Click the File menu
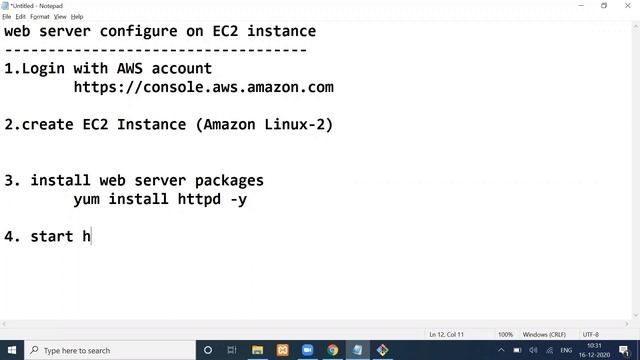pyautogui.click(x=7, y=17)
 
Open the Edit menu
pyautogui.click(x=20, y=17)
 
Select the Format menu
pyautogui.click(x=40, y=17)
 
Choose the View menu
pyautogui.click(x=61, y=17)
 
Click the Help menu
pyautogui.click(x=78, y=17)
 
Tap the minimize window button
pyautogui.click(x=578, y=6)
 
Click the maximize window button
pyautogui.click(x=603, y=6)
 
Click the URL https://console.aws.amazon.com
pyautogui.click(x=203, y=88)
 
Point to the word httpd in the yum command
pyautogui.click(x=198, y=199)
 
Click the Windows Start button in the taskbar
pyautogui.click(x=11, y=350)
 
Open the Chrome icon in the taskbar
pyautogui.click(x=333, y=350)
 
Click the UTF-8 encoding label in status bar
pyautogui.click(x=591, y=334)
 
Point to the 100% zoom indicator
pyautogui.click(x=505, y=334)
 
